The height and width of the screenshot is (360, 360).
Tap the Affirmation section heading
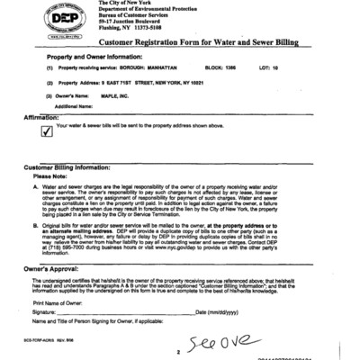tap(40, 116)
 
